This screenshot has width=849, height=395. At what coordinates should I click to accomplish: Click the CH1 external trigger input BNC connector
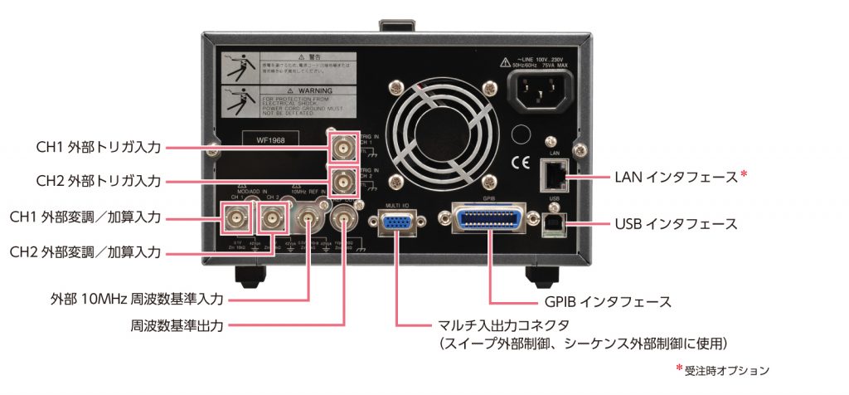[342, 148]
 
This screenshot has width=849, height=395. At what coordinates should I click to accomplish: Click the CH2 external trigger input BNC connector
[342, 180]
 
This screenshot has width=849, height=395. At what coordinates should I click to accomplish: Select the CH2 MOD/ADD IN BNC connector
[271, 218]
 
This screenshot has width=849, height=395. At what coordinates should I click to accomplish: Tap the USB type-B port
[553, 225]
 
